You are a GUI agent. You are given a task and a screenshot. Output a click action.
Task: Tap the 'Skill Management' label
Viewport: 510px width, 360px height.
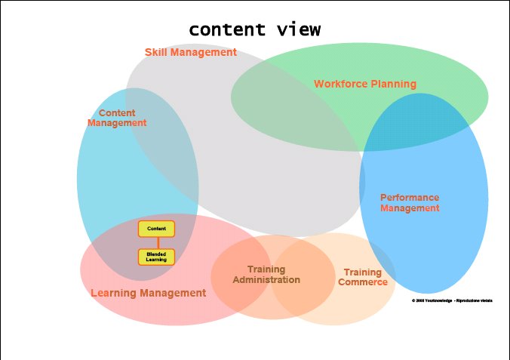point(191,53)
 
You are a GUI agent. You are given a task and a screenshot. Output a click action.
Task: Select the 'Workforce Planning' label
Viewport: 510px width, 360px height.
point(365,85)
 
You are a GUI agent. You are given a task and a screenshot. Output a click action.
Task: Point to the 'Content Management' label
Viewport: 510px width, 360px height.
point(117,118)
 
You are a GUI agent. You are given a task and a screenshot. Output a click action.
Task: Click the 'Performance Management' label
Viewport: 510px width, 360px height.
point(410,203)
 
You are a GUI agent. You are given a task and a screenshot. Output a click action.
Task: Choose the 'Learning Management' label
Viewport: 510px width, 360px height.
point(148,293)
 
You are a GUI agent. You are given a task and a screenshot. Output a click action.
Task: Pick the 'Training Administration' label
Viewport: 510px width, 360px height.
point(266,275)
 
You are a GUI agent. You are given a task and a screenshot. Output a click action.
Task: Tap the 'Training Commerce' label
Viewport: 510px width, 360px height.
point(363,277)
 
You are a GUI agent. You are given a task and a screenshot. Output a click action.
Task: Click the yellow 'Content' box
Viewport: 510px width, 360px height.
point(156,229)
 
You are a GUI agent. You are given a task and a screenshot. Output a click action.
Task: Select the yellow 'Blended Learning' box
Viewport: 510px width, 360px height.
point(156,257)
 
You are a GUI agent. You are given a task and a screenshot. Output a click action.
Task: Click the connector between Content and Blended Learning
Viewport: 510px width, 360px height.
point(156,242)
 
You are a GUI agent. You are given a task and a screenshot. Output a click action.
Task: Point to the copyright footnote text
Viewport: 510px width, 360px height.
point(452,300)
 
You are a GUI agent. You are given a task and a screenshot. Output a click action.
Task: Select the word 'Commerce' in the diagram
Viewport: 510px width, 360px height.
point(363,282)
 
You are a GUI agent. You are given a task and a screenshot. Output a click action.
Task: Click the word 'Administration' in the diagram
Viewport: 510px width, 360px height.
point(266,280)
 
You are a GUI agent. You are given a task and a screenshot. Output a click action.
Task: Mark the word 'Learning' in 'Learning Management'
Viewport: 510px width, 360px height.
point(113,293)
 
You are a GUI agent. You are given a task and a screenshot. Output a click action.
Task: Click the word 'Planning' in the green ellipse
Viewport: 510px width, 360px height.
point(394,85)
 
